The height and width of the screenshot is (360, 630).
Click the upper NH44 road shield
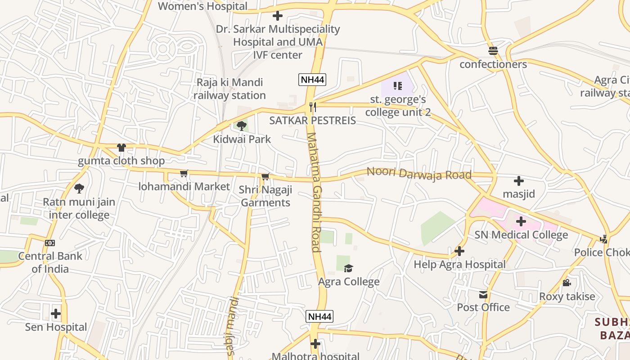coord(312,80)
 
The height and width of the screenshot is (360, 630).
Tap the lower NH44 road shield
coord(319,316)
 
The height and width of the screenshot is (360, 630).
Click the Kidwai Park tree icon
coord(242,126)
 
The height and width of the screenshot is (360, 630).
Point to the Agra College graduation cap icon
coord(348,269)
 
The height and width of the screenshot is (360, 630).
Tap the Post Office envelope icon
coord(483,295)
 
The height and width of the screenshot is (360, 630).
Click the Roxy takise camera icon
coord(567,283)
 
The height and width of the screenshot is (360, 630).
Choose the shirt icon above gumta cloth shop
coord(121,147)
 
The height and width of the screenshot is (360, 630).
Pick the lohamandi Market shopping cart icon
coord(184,173)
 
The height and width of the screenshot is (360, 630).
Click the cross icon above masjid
coord(519,181)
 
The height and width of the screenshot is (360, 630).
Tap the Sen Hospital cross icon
coord(56,313)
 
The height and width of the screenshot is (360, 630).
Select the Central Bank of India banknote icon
coord(50,243)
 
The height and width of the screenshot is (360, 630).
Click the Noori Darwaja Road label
coord(419,173)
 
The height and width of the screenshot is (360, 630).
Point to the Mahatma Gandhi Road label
coord(314,192)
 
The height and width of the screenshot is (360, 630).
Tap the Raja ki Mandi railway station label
coord(229,89)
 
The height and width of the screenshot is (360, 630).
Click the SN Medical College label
coord(521,235)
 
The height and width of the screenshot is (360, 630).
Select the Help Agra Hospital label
coord(459,264)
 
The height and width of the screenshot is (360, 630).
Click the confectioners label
coord(493,64)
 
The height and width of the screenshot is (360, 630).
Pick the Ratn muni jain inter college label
coord(79,208)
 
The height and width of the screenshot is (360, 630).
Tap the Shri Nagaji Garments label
coord(265,196)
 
